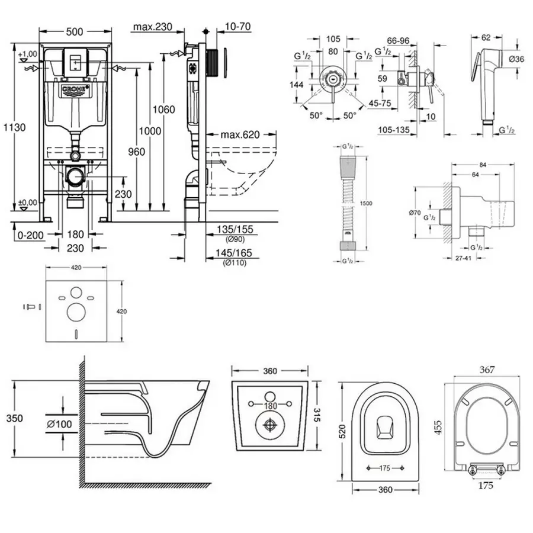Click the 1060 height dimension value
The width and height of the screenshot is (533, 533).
164,110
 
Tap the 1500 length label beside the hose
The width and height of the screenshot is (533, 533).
366,203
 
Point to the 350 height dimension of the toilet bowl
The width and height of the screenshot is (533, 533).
15,418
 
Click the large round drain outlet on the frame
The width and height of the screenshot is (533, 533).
75,176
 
